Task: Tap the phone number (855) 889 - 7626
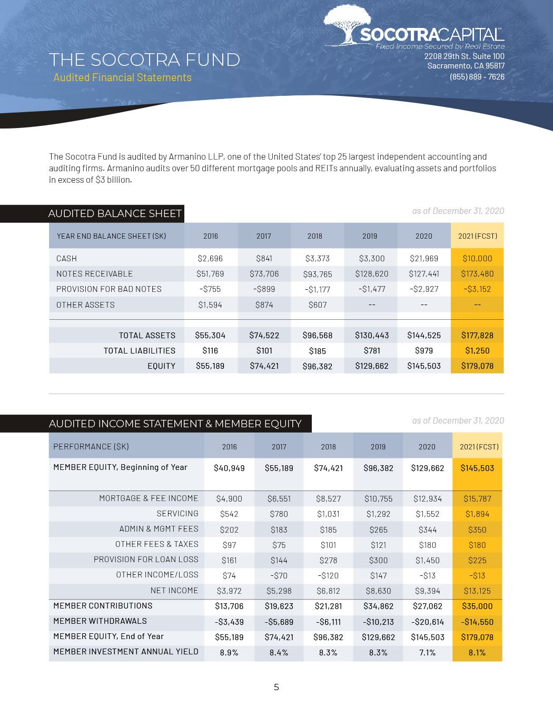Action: click(x=477, y=77)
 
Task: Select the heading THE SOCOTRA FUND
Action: click(x=144, y=60)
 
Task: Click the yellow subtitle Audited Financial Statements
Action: click(x=122, y=77)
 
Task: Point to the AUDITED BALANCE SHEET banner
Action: click(x=114, y=213)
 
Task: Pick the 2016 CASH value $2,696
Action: click(x=210, y=259)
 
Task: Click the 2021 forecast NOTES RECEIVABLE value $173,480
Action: click(x=477, y=274)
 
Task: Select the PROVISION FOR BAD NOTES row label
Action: click(x=109, y=289)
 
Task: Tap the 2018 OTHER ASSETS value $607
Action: click(x=318, y=305)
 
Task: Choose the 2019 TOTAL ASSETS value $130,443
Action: click(x=372, y=336)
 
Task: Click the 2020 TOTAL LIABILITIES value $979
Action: click(x=424, y=351)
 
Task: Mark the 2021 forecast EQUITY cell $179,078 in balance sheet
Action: click(x=477, y=366)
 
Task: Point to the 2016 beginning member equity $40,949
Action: click(x=229, y=468)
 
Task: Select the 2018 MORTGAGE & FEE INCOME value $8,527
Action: click(x=328, y=499)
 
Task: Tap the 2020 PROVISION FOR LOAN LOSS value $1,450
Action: click(x=427, y=561)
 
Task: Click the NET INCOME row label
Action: click(x=174, y=591)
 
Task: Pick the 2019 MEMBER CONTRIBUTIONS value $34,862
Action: click(x=378, y=606)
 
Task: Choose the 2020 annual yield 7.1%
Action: click(x=427, y=652)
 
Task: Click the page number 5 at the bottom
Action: click(x=276, y=687)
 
